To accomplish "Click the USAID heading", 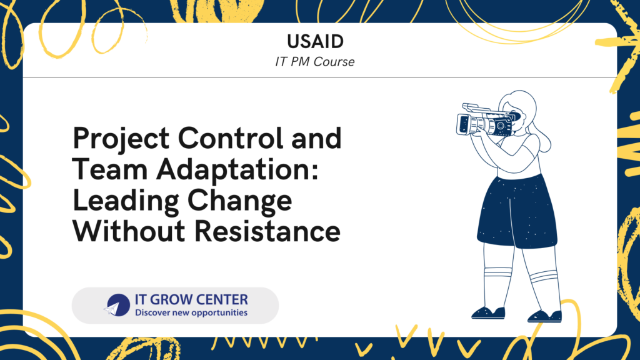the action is (x=315, y=41).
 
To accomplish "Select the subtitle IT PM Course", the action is (x=315, y=62).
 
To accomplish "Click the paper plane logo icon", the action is (x=117, y=305).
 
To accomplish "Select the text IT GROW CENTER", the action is (x=191, y=299).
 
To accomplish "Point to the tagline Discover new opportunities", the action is (x=191, y=312).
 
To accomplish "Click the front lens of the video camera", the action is (x=463, y=124).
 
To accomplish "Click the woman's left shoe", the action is (x=545, y=316).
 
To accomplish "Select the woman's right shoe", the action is (x=488, y=313).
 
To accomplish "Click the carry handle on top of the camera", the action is (x=477, y=107).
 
